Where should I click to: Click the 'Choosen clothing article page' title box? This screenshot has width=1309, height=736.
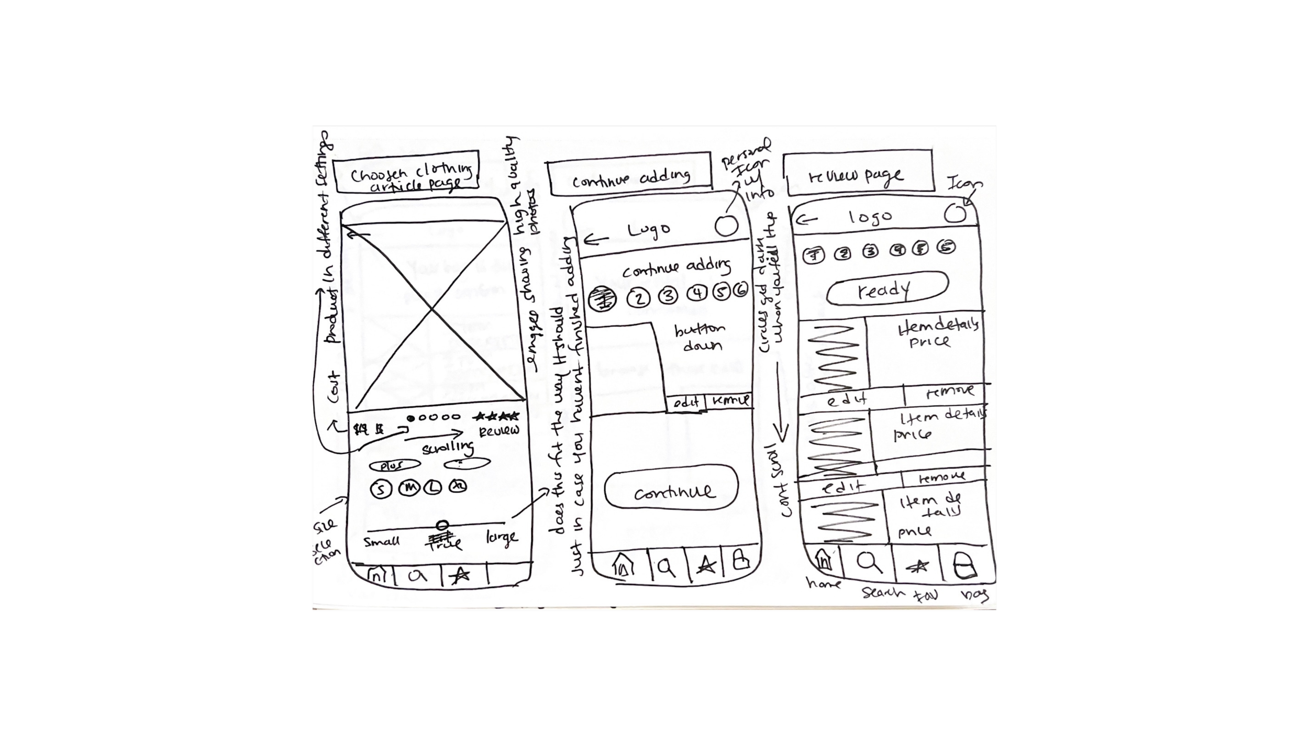click(407, 173)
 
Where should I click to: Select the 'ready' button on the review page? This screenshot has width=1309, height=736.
click(887, 288)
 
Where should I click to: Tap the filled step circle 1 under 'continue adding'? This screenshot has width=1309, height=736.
click(603, 299)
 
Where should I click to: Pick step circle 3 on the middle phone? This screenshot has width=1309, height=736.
click(668, 296)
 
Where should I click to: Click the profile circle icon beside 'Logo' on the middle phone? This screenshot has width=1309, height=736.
click(726, 226)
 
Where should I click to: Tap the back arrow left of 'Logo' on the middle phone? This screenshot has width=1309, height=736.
click(596, 240)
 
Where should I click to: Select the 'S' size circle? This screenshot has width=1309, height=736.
click(381, 489)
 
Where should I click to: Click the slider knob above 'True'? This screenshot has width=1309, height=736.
click(442, 525)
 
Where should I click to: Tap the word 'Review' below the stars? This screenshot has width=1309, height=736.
click(499, 431)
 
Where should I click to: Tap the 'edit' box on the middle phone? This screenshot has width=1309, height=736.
click(686, 403)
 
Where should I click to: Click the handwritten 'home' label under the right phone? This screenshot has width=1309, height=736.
click(824, 584)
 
